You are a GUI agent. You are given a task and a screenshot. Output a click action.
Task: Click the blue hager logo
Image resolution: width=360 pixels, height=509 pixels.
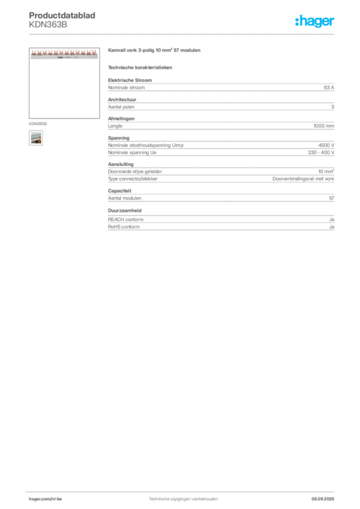click(315, 22)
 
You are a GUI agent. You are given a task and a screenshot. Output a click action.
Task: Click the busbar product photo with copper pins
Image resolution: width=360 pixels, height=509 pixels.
click(64, 54)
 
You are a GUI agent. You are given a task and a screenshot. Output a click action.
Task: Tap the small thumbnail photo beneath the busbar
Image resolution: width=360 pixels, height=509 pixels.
click(35, 138)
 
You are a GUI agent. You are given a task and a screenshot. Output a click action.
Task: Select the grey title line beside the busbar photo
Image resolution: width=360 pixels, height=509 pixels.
click(155, 52)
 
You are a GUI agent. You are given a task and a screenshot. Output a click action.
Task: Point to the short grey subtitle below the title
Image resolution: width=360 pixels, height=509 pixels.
click(141, 67)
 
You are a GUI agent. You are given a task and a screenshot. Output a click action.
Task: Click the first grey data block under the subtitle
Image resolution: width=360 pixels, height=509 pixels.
click(221, 87)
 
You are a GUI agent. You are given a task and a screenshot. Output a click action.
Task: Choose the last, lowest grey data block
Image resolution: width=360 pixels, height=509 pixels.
click(221, 221)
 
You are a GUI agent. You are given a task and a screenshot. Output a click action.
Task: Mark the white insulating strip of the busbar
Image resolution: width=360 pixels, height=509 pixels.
click(64, 57)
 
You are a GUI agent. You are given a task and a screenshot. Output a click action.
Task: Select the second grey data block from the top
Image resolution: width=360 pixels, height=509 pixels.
click(221, 105)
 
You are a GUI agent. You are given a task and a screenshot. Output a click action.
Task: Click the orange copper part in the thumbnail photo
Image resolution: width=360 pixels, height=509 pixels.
click(36, 142)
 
